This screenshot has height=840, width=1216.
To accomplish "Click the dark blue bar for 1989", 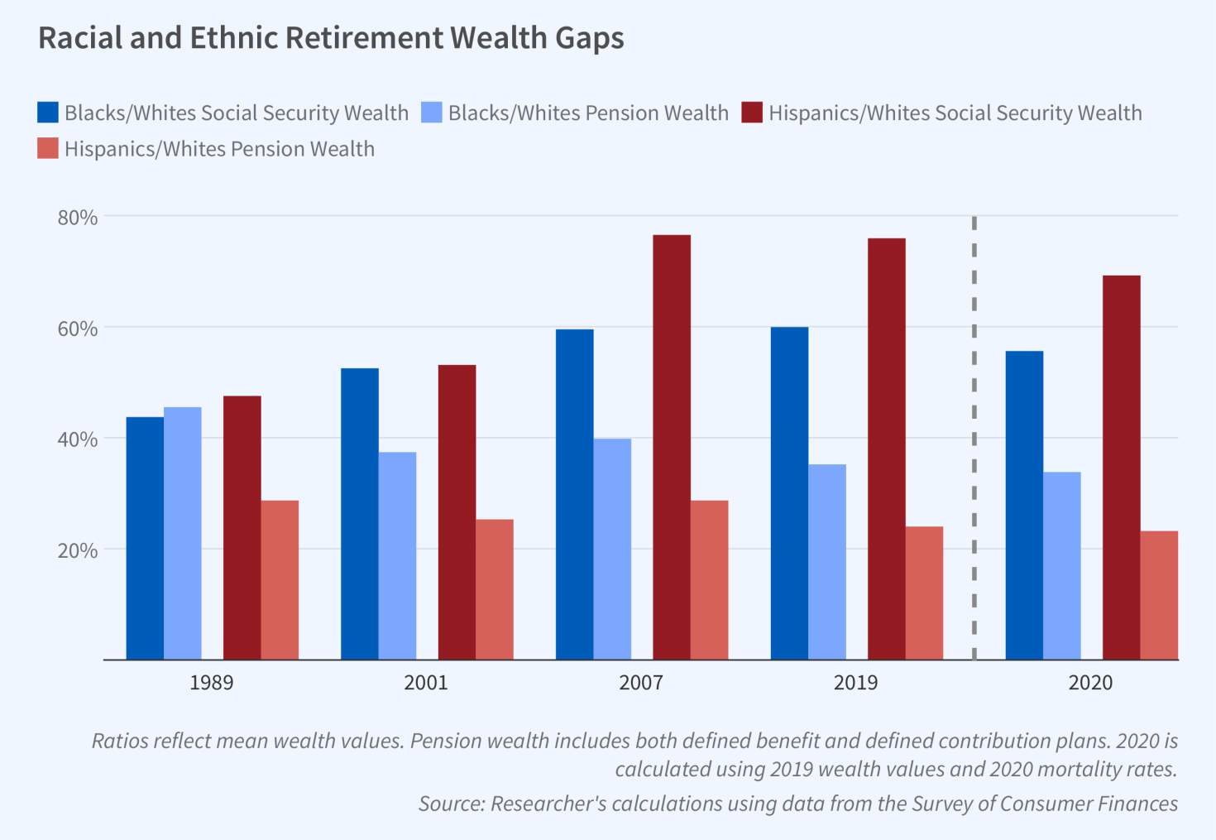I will click(145, 538).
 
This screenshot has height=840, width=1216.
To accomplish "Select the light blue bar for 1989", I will click(182, 533).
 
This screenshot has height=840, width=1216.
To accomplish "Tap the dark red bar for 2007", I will click(671, 447).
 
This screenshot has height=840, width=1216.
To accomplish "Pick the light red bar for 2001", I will click(494, 589).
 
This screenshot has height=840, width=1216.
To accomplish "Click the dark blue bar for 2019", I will click(789, 493).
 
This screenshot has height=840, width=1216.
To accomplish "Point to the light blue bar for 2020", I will click(1061, 566).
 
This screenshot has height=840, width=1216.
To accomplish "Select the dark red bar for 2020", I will click(1121, 468).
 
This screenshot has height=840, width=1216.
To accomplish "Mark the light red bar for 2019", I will click(924, 593).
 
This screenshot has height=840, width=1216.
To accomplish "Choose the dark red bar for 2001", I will click(457, 512).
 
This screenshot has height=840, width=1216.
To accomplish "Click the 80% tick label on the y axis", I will click(78, 218).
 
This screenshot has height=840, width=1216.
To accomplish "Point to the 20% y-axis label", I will click(78, 550).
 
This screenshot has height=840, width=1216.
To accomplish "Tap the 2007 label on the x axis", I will click(640, 683).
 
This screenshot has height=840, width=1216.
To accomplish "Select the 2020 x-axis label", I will click(1090, 683).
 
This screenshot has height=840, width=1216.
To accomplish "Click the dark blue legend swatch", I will click(48, 113).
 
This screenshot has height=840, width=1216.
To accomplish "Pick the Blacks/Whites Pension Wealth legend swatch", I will click(432, 113).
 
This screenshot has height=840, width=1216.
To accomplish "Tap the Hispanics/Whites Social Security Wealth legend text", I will click(955, 113).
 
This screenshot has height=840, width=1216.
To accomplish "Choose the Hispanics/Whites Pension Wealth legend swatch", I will click(48, 149).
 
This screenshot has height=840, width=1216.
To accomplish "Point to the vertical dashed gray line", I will click(974, 439).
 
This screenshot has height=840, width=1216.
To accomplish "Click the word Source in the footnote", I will click(449, 804).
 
